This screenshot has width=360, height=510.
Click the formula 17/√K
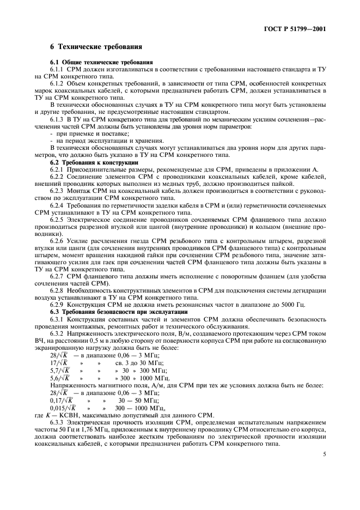click(x=59, y=362)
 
